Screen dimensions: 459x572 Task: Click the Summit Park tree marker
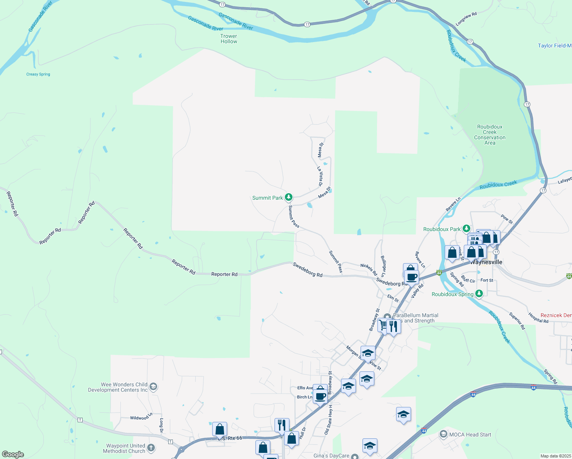pyautogui.click(x=289, y=197)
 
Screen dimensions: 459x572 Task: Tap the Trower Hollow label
pyautogui.click(x=229, y=39)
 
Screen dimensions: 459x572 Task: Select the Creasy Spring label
pyautogui.click(x=38, y=74)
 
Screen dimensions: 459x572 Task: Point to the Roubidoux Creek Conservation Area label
pyautogui.click(x=490, y=135)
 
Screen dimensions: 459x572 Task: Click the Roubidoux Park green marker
pyautogui.click(x=466, y=229)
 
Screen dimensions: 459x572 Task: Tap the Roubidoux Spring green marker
pyautogui.click(x=479, y=294)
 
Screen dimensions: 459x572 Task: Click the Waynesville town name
pyautogui.click(x=486, y=262)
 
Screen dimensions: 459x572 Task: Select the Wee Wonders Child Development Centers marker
pyautogui.click(x=153, y=387)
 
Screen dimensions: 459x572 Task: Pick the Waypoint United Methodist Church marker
pyautogui.click(x=151, y=448)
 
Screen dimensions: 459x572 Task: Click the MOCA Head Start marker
pyautogui.click(x=443, y=434)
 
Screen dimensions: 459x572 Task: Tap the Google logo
pyautogui.click(x=13, y=454)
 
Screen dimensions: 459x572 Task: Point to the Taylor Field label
pyautogui.click(x=554, y=46)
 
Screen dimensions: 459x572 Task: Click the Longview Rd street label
pyautogui.click(x=466, y=19)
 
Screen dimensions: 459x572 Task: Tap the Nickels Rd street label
pyautogui.click(x=369, y=270)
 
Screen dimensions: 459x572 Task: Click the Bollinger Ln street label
pyautogui.click(x=383, y=266)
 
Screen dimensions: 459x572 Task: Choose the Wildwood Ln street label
pyautogui.click(x=141, y=417)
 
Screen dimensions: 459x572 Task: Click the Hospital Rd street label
pyautogui.click(x=538, y=318)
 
